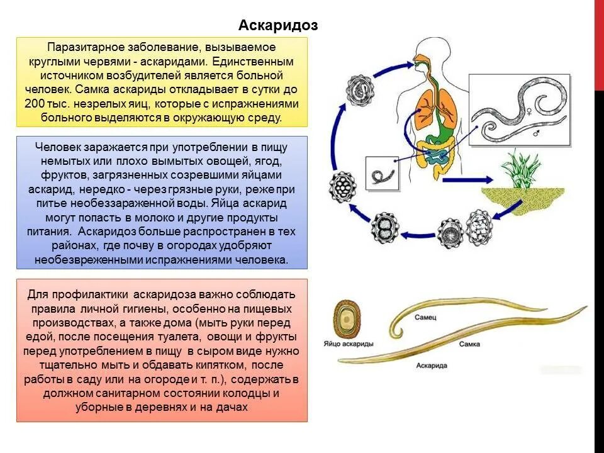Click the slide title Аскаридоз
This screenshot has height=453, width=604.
[x=277, y=25]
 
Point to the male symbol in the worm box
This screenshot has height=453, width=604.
[x=535, y=134]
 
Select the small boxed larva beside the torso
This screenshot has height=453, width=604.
[x=381, y=174]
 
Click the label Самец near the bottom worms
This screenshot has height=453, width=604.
[x=423, y=319]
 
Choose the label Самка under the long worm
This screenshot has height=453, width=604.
[x=470, y=344]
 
